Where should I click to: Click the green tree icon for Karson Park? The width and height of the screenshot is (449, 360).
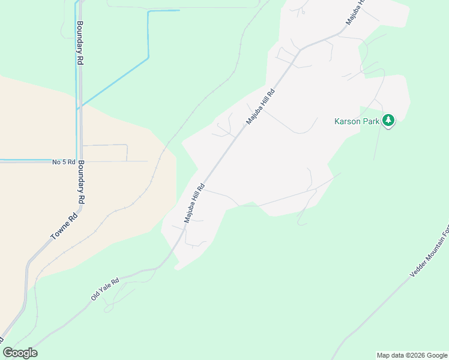[389, 121]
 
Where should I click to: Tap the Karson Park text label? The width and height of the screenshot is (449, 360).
[358, 121]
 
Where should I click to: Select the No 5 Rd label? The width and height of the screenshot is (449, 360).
[64, 162]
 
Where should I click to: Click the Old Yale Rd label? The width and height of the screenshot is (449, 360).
[105, 289]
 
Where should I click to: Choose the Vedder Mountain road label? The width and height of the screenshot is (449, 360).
[430, 254]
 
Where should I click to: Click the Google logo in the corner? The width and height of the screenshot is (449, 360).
[20, 353]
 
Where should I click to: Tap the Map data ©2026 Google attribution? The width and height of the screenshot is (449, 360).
[412, 355]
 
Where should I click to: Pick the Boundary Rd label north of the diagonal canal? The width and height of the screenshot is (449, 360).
[79, 43]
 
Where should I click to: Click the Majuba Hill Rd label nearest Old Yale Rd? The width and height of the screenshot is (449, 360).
[194, 203]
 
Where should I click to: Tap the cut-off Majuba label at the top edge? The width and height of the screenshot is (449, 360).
[355, 12]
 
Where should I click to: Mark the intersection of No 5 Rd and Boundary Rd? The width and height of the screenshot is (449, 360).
[80, 161]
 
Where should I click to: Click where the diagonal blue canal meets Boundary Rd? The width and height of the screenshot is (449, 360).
[79, 109]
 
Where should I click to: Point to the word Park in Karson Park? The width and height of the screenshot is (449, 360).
[372, 121]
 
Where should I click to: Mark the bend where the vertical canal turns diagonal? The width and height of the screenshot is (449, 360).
[148, 58]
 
